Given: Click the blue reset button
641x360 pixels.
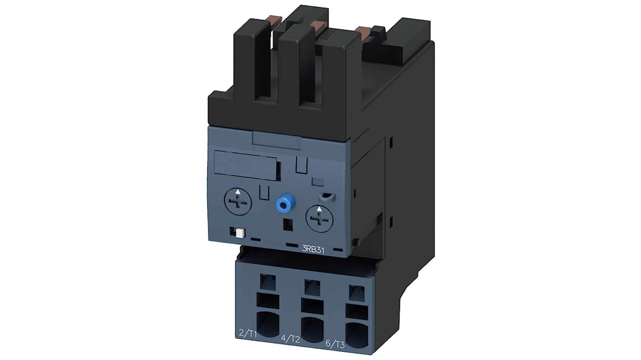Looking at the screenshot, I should [x=283, y=204].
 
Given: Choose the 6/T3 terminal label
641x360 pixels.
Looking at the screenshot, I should [x=335, y=344].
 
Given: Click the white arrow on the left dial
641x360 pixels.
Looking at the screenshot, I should [x=238, y=191].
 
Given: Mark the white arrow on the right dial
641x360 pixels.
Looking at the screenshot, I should [x=320, y=209].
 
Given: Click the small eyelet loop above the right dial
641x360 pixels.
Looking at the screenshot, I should [x=325, y=197].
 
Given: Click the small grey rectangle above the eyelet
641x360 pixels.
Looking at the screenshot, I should [x=318, y=182].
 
